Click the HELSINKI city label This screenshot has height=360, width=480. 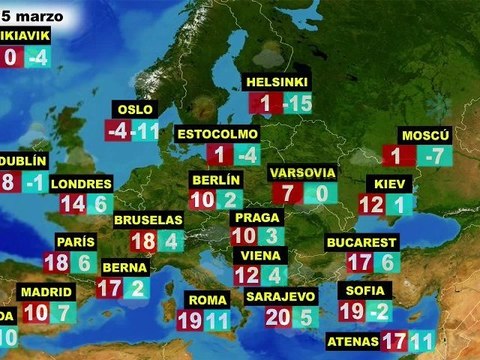[x=278, y=81]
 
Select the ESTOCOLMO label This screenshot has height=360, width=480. [x=217, y=134]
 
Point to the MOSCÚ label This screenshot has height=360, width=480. [x=426, y=135]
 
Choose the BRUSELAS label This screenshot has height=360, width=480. [x=148, y=220]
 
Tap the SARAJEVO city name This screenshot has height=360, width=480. [x=281, y=297]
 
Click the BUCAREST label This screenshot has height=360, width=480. [x=362, y=242]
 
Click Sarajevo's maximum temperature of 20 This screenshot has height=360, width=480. [x=278, y=318]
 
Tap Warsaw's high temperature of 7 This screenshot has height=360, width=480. [x=287, y=194]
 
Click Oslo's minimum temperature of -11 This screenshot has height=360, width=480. [x=147, y=131]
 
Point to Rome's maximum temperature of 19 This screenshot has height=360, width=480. [x=189, y=322]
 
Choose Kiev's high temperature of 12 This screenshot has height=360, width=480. [x=371, y=205]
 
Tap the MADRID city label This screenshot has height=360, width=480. [x=46, y=291]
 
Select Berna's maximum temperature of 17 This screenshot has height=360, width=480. [x=109, y=288]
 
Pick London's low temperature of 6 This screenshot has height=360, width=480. [x=100, y=204]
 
